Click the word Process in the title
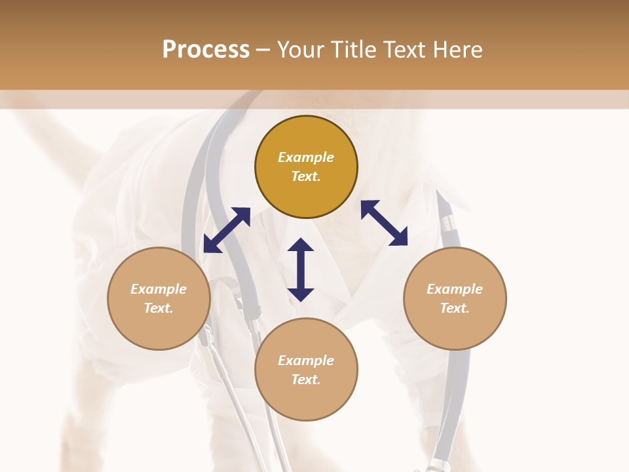206,50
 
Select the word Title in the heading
354,50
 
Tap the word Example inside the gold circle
306,157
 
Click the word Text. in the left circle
159,308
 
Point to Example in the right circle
455,289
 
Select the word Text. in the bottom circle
306,380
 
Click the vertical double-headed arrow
301,269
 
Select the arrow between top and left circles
227,230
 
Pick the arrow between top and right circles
384,223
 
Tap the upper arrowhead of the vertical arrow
301,245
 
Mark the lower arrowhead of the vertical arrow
301,294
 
